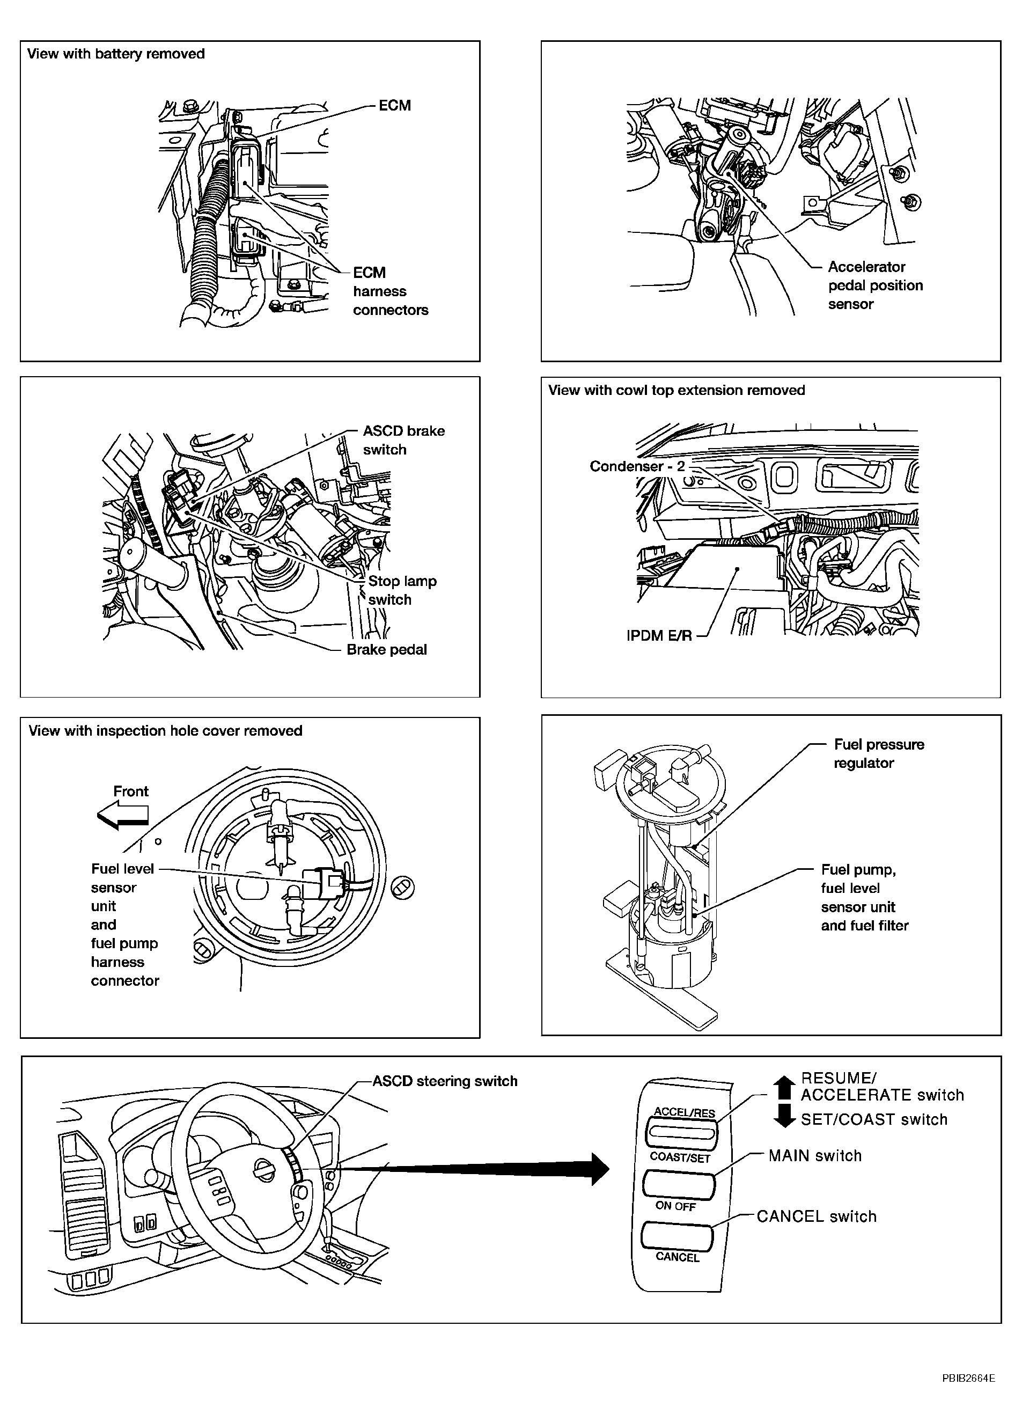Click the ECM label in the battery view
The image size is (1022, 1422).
[394, 105]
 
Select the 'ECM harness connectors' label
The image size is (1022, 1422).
[390, 291]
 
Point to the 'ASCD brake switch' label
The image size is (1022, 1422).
[403, 440]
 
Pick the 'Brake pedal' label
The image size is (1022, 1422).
[386, 649]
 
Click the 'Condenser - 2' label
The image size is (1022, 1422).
[637, 466]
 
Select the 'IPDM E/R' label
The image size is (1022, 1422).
[659, 636]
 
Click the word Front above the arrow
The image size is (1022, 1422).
[130, 791]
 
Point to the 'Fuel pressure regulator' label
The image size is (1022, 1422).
[878, 753]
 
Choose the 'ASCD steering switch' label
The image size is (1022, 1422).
[445, 1081]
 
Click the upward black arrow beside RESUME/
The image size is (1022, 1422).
[784, 1088]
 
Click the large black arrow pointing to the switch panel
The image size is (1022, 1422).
[470, 1169]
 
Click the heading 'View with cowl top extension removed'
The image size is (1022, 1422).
[676, 390]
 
